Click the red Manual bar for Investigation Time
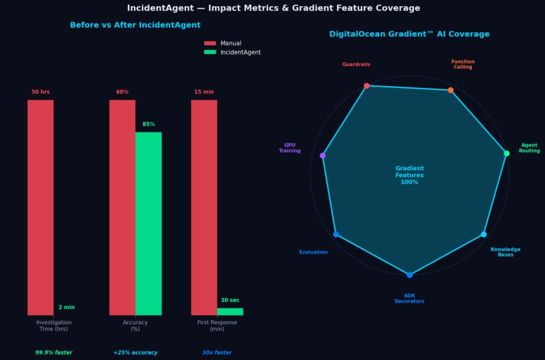[x=41, y=207]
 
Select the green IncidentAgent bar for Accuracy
[x=148, y=223]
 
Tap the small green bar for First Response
[x=230, y=311]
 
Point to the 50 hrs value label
[x=41, y=92]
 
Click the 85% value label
[x=149, y=125]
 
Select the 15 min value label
[x=204, y=92]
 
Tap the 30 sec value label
[x=230, y=300]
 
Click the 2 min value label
[x=66, y=308]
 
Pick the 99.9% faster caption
[x=53, y=353]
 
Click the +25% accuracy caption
[x=135, y=353]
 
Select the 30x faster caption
[x=216, y=353]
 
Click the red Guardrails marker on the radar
[x=366, y=86]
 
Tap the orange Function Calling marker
[x=450, y=90]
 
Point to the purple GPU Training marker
[x=323, y=156]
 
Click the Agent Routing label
[x=529, y=148]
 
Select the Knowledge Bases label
[x=505, y=252]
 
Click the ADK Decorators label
[x=409, y=298]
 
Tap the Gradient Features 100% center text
[x=409, y=175]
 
